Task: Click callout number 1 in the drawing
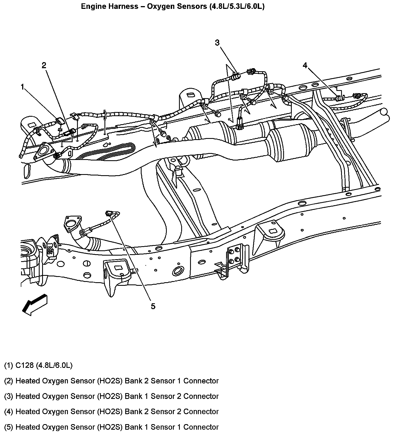tap(23, 87)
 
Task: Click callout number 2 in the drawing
tap(44, 65)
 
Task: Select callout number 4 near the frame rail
tap(305, 65)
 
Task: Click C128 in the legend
tap(25, 365)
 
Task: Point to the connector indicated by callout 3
tap(236, 76)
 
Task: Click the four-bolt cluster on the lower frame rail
tap(234, 255)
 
